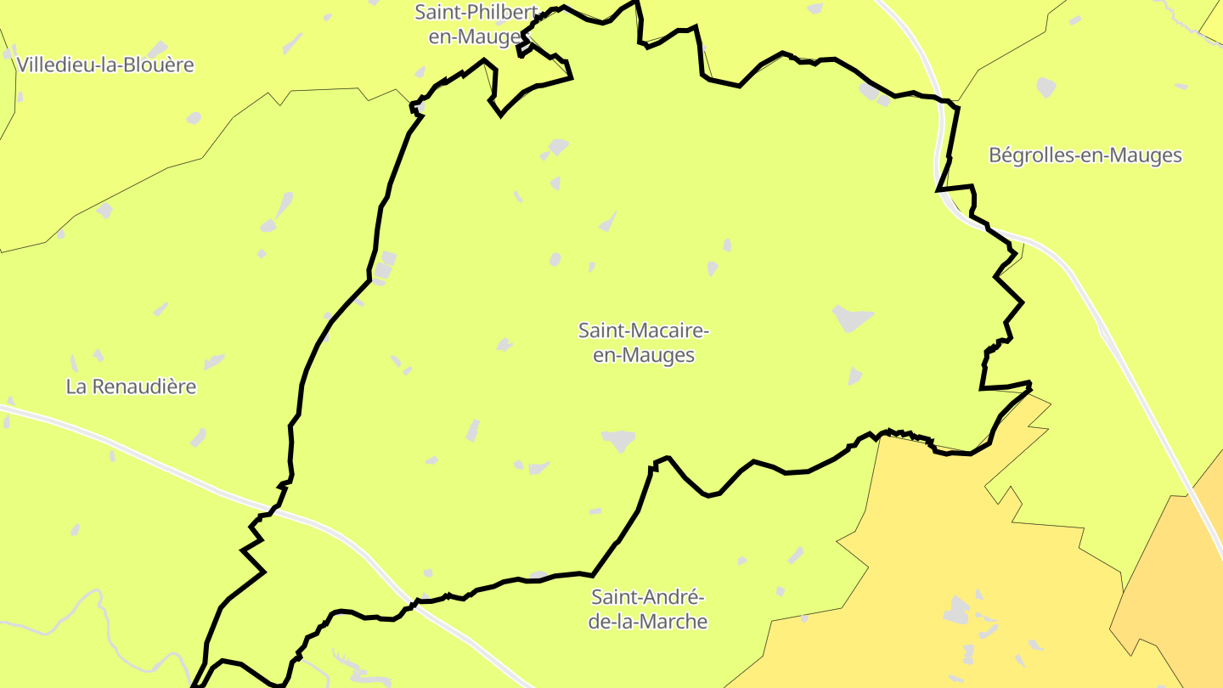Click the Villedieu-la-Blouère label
pos(105,65)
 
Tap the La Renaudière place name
pos(131,386)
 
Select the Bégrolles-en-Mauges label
pos(1085,155)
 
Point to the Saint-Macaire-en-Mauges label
pos(644,342)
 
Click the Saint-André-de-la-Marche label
pos(649,609)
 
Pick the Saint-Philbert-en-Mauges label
pos(476,25)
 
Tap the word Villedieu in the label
pos(54,65)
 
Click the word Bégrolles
pos(1029,155)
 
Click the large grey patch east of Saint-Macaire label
pos(852,318)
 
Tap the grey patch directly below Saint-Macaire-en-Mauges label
pos(619,439)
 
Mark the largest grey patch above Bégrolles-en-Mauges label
pos(1046,87)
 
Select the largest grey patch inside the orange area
pos(957,609)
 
